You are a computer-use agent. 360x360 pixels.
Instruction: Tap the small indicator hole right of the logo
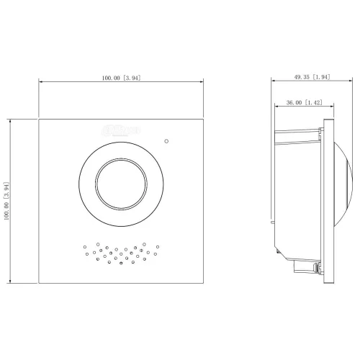[166, 141]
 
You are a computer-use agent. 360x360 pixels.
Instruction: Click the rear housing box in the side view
[299, 194]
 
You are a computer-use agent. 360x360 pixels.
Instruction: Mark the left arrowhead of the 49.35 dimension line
[274, 83]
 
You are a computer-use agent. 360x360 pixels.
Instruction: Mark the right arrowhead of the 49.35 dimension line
[351, 83]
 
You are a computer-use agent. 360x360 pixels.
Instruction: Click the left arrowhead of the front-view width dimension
[41, 83]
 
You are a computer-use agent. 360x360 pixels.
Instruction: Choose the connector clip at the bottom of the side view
[318, 269]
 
